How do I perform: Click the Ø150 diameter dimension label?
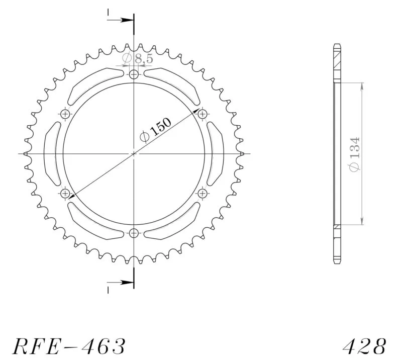pos(156,130)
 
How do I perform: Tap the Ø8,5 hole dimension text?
pos(138,59)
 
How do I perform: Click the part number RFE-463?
pos(69,346)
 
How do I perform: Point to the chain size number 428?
pos(364,346)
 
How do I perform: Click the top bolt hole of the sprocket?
pos(134,75)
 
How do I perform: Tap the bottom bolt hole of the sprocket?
pos(134,233)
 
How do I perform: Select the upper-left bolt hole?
pos(65,114)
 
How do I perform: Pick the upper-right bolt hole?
pos(203,114)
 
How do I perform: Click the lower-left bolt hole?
pos(65,193)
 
